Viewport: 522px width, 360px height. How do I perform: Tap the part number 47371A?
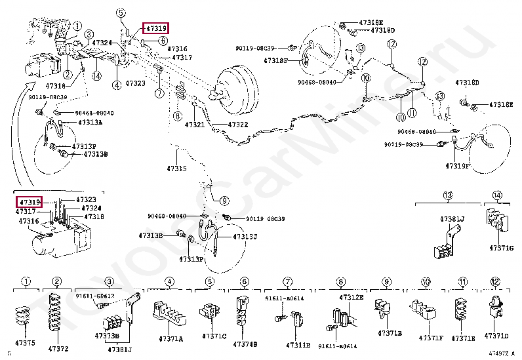[x=170, y=339]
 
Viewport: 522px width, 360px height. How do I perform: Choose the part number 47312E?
[x=351, y=297]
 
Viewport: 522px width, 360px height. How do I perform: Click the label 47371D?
[x=496, y=336]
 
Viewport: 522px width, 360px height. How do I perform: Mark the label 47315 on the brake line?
[x=176, y=169]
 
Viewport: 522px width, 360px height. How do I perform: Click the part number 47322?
[x=237, y=125]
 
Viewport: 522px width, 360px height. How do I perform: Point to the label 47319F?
[x=458, y=166]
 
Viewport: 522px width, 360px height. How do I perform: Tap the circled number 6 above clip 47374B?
[x=244, y=283]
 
